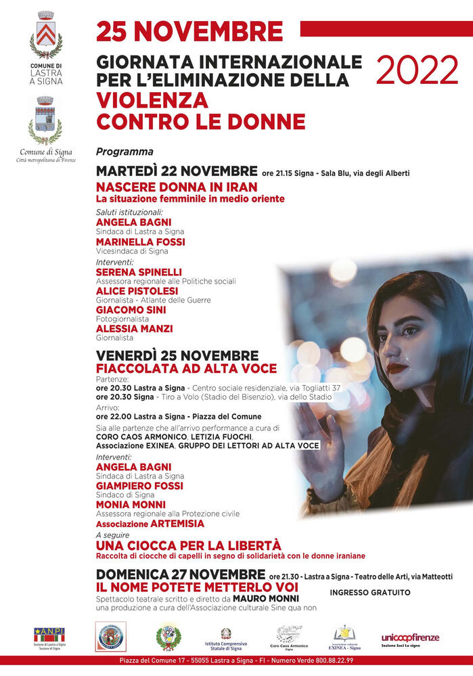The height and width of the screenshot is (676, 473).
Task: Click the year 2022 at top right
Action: click(x=417, y=70)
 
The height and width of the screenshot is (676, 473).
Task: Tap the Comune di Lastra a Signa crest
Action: click(x=46, y=35)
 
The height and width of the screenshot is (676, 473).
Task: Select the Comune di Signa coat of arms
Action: click(x=45, y=119)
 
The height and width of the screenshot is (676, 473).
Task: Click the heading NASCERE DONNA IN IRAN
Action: click(x=177, y=186)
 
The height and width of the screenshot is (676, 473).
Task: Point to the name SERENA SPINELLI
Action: click(x=139, y=272)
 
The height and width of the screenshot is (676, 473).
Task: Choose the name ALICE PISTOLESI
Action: click(x=137, y=291)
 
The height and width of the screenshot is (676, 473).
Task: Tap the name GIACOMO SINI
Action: click(x=131, y=310)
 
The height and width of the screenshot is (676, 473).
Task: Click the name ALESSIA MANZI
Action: click(x=134, y=329)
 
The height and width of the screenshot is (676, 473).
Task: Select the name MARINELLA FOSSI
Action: click(x=140, y=242)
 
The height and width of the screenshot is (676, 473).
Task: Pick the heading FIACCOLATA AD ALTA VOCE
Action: click(x=186, y=368)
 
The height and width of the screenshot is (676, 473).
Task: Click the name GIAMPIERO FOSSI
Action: click(x=139, y=486)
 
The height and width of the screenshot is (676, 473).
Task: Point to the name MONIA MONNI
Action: click(x=131, y=505)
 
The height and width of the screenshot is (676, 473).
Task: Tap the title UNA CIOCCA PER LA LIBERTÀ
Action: click(x=188, y=545)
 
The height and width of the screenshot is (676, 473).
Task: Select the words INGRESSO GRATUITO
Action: click(x=369, y=592)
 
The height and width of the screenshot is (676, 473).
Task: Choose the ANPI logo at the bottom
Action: click(x=49, y=635)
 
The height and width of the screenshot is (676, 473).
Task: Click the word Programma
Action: click(x=125, y=152)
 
